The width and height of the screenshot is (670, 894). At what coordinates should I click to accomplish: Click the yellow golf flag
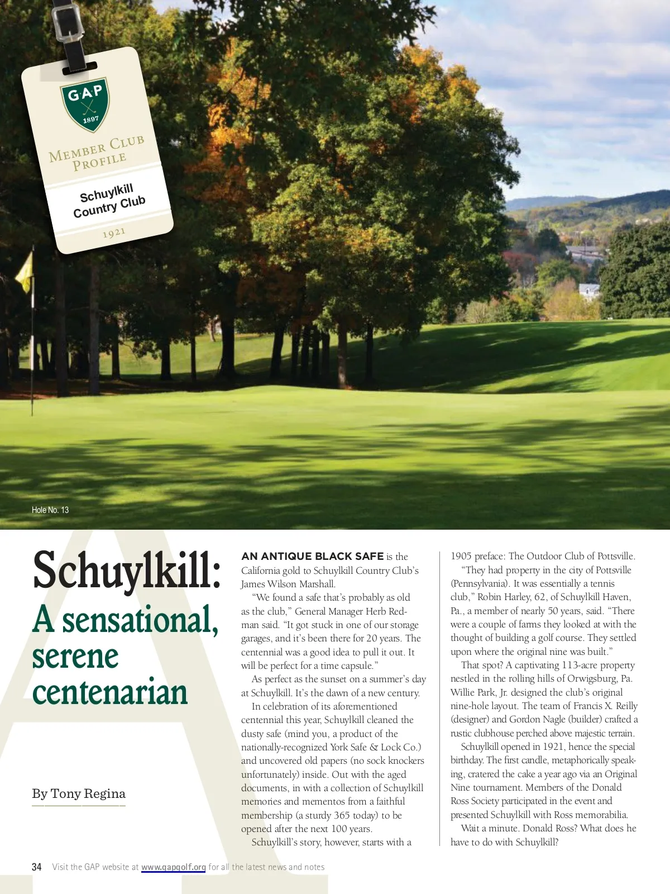(x=24, y=272)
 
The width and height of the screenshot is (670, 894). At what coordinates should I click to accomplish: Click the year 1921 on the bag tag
(x=114, y=232)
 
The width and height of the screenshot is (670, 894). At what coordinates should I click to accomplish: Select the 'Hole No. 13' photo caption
(x=50, y=510)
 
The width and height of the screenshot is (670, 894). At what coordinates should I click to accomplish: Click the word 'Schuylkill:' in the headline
(x=127, y=570)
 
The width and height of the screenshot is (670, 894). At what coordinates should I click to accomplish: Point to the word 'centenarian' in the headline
(x=110, y=692)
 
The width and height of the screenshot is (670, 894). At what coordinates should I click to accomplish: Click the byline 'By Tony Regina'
(x=79, y=793)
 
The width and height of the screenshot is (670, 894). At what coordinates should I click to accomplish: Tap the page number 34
(x=37, y=867)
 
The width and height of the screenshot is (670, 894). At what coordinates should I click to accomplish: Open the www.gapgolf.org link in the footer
(x=174, y=867)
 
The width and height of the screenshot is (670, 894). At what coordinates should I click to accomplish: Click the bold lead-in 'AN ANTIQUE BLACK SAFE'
(x=312, y=557)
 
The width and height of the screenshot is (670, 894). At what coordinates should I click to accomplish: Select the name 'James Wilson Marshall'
(x=288, y=584)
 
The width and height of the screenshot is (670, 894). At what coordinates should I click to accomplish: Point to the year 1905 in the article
(x=461, y=556)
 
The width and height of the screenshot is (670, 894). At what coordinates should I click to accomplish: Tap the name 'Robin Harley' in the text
(x=504, y=597)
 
